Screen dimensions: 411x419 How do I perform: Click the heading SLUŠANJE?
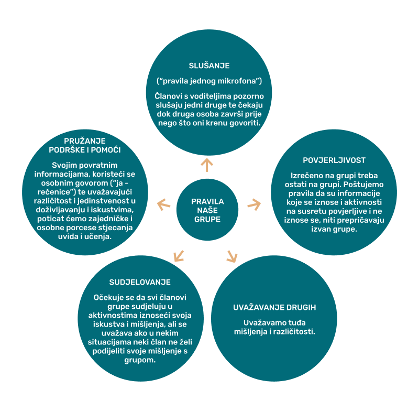(210, 66)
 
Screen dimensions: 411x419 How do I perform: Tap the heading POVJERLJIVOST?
(334, 160)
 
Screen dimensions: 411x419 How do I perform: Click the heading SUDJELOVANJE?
(140, 282)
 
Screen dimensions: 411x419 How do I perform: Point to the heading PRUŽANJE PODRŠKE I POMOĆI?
(85, 145)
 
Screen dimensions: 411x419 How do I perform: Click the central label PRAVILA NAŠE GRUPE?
(207, 210)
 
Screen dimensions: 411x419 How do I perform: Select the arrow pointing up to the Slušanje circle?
(207, 165)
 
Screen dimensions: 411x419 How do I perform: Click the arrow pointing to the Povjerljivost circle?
(254, 204)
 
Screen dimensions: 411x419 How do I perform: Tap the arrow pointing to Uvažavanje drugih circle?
(231, 256)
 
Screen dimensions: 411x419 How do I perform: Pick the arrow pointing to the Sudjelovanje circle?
(179, 256)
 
